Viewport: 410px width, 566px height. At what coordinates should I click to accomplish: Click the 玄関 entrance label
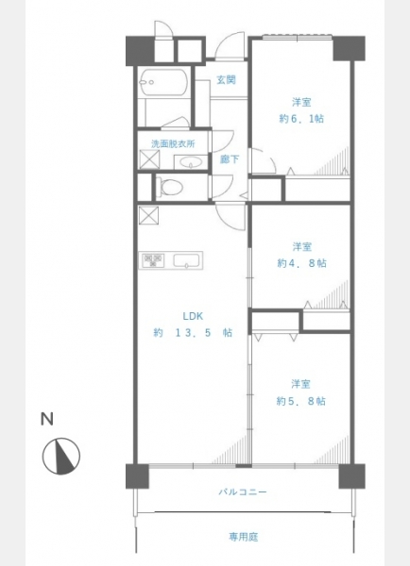tap(227, 79)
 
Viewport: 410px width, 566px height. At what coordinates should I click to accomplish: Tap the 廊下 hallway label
tap(230, 158)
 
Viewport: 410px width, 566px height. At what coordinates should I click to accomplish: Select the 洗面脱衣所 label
tap(173, 143)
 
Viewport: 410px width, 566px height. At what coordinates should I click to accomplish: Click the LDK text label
tap(193, 316)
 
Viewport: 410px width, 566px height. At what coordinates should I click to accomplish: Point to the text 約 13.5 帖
tap(193, 332)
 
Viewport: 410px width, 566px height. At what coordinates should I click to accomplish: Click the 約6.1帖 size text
tap(301, 119)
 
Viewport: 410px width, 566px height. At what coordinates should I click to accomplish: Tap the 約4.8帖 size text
tap(301, 263)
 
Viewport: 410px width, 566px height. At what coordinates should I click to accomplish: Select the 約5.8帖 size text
tap(300, 401)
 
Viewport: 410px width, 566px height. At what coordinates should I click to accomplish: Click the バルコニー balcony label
tap(243, 492)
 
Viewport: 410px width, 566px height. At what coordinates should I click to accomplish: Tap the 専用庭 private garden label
tap(244, 537)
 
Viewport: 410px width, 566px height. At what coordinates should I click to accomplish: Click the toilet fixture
tap(169, 187)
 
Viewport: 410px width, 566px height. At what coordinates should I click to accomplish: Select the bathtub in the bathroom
tap(163, 82)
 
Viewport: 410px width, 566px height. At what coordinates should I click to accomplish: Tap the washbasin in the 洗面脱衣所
tap(191, 162)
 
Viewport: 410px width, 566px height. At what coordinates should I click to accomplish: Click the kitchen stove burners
tap(153, 260)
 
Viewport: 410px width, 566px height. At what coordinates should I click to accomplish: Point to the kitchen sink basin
tap(186, 260)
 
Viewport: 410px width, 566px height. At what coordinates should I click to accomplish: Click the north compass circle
tap(61, 456)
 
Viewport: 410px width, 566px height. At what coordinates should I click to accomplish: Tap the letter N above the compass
tap(47, 419)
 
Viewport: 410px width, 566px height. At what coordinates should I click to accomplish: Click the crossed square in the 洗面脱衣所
tap(149, 158)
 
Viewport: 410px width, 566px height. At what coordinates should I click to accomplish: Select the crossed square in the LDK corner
tap(148, 215)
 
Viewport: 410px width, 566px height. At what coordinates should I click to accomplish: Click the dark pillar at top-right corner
tap(349, 48)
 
